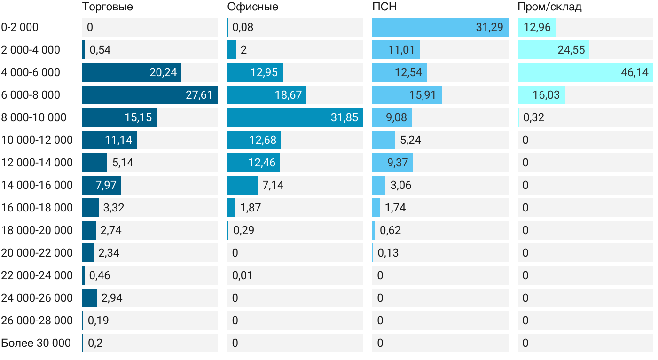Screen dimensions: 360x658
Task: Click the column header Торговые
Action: [x=107, y=7]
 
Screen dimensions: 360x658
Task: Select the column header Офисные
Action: [x=252, y=7]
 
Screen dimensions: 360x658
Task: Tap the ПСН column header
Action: [x=384, y=7]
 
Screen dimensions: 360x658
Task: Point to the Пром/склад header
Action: [x=549, y=7]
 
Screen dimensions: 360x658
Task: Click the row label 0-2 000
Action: [x=20, y=27]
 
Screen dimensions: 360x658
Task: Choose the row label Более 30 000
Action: [x=36, y=343]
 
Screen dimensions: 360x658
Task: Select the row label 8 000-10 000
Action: [x=34, y=117]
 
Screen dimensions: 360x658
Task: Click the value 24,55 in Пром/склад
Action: [x=571, y=50]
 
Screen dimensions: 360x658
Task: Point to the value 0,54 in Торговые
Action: [x=100, y=50]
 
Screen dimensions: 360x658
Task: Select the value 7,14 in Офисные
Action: [x=273, y=185]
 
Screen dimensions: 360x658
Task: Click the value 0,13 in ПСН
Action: [x=388, y=253]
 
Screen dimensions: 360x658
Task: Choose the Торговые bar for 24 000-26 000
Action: [x=89, y=298]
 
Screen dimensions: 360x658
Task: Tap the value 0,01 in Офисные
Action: [x=242, y=275]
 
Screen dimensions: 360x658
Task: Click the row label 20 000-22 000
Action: [x=37, y=253]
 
